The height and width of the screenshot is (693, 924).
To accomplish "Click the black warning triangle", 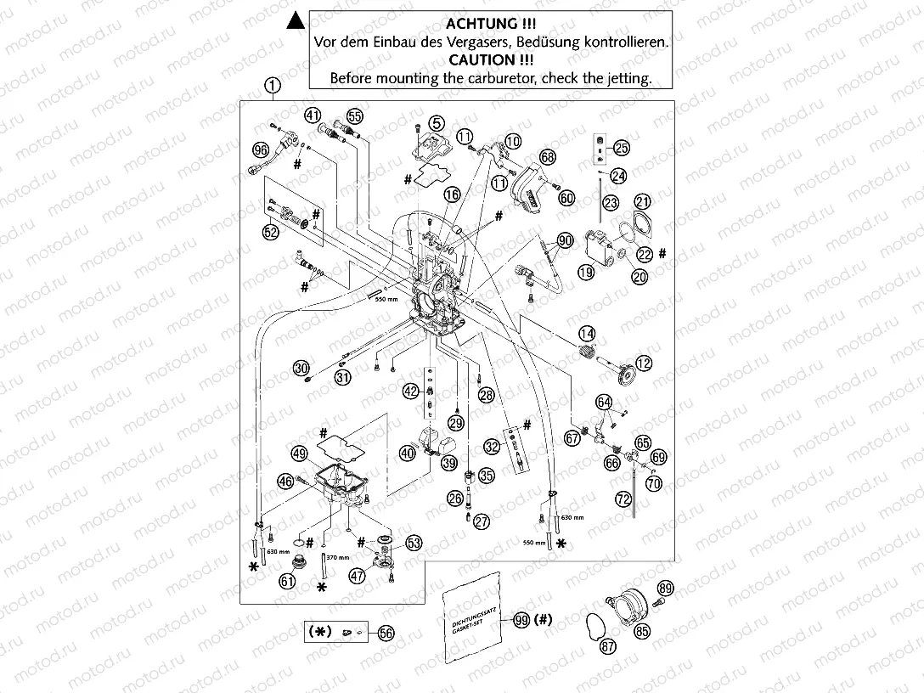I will (x=293, y=20).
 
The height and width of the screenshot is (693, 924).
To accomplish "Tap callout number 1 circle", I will (x=272, y=84).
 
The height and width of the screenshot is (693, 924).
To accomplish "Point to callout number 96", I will (x=261, y=149).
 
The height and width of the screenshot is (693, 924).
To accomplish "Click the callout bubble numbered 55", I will (x=354, y=115).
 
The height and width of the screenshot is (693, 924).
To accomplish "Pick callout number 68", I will (x=547, y=157).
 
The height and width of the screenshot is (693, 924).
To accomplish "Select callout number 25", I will (x=622, y=148).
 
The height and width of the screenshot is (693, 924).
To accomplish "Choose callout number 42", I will (x=411, y=392).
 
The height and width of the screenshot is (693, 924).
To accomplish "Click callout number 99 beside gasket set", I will (x=521, y=620).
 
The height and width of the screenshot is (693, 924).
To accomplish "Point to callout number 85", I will (x=642, y=631).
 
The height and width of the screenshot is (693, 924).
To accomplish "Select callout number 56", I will (x=386, y=633).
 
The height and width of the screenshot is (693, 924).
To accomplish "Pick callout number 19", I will (x=586, y=273).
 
